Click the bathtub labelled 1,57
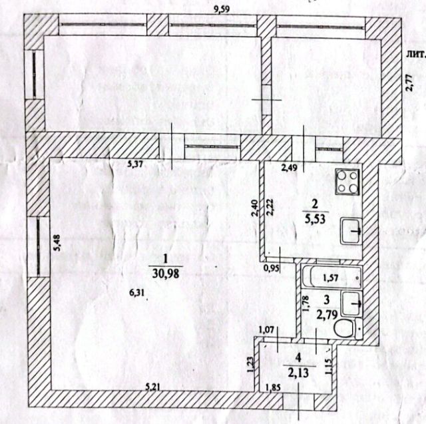point(331,278)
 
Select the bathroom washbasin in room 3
point(351,302)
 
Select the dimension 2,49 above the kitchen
point(289,168)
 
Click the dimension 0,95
point(272,269)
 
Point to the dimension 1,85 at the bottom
point(273,387)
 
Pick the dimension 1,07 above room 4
point(268,329)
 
